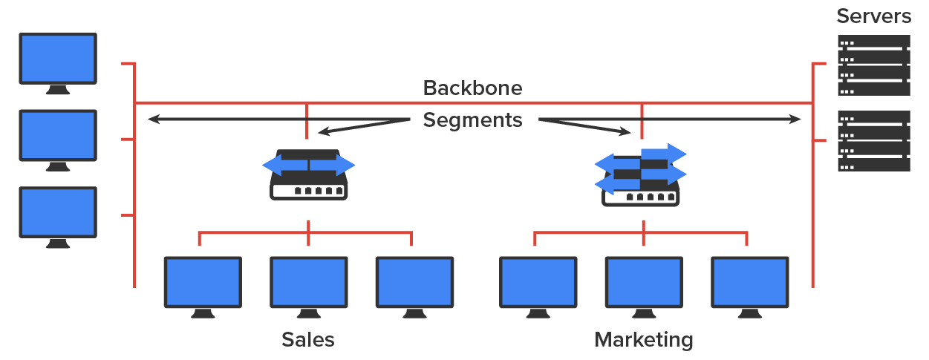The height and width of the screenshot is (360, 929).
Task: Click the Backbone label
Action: point(472,88)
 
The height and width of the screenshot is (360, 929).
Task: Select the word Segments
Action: point(472,120)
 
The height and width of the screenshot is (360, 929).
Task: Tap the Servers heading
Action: point(873,16)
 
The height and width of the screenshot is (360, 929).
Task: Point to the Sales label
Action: point(307,340)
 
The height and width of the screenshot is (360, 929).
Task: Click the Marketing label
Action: point(643,340)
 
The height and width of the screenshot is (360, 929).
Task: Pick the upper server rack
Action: point(873,65)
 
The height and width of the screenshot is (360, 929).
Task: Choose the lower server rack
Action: point(873,141)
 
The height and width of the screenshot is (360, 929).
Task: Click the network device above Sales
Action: point(308,175)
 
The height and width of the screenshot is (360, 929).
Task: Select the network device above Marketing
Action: point(641,175)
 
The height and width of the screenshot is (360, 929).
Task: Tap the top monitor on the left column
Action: point(58,59)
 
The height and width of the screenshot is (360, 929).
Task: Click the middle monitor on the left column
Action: point(58,136)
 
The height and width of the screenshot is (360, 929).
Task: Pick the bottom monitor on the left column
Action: point(58,213)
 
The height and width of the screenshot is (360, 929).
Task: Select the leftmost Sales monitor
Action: point(203,283)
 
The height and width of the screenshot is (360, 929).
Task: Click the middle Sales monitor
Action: point(308,283)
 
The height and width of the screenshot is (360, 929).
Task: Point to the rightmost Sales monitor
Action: point(414,283)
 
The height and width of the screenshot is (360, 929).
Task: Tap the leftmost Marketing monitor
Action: point(538,283)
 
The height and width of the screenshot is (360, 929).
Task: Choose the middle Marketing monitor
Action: point(643,283)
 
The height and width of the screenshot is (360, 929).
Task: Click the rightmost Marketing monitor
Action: point(749,283)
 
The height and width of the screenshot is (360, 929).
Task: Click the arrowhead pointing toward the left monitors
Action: point(153,119)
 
